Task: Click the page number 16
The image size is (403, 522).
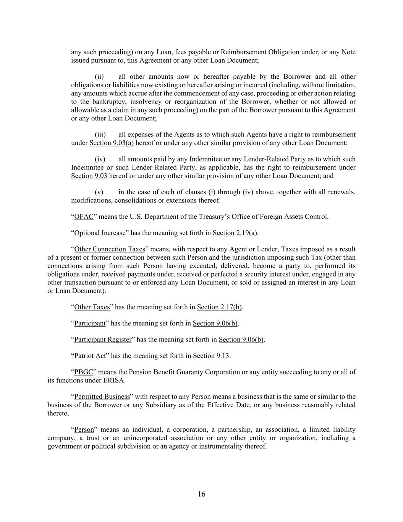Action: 201,494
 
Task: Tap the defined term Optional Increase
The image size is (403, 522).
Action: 100,233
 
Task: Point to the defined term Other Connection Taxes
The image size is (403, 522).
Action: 110,249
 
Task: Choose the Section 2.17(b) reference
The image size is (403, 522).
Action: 220,307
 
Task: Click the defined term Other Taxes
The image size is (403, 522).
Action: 92,307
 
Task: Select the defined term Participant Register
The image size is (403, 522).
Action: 103,340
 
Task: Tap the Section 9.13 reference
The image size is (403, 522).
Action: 211,356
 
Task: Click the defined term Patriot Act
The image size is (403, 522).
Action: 90,356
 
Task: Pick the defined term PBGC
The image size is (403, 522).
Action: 84,372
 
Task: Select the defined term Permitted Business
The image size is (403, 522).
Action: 102,397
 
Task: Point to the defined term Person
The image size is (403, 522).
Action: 84,429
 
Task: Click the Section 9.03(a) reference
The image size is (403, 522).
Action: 112,143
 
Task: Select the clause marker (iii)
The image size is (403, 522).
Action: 100,135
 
